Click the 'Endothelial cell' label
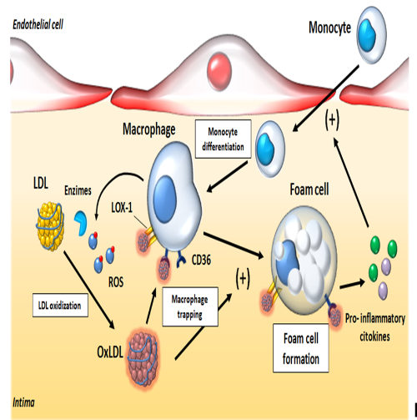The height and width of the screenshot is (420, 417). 38,24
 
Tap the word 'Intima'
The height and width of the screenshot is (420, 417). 23,402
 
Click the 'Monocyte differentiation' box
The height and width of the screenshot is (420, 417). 223,139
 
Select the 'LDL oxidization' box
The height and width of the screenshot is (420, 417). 60,305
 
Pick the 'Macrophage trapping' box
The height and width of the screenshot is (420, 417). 190,306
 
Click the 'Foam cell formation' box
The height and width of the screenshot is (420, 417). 301,348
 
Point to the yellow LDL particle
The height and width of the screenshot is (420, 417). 50,226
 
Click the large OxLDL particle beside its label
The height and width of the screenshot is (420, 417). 143,358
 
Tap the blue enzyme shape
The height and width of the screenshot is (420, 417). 81,223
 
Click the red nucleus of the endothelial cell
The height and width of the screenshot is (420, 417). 219,70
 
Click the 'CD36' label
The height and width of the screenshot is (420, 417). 201,260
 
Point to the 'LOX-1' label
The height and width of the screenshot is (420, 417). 122,207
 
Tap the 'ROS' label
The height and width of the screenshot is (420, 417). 116,282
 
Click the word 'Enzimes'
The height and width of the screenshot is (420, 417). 78,190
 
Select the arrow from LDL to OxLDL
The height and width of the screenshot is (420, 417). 89,290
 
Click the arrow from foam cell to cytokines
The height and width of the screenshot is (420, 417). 352,284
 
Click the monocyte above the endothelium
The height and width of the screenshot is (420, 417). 371,35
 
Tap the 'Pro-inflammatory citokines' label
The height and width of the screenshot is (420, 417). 375,327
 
